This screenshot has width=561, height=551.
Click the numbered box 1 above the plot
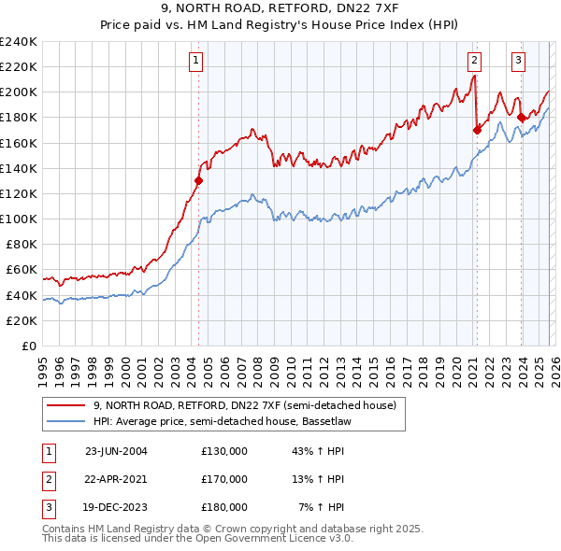click(x=196, y=61)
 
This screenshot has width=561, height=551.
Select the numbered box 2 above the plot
click(x=474, y=61)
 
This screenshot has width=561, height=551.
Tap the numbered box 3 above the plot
click(x=518, y=61)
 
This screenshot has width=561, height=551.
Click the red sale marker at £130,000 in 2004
click(x=199, y=181)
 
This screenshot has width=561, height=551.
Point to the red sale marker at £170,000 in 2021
click(x=477, y=130)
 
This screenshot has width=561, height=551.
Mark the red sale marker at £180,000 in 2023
click(x=522, y=118)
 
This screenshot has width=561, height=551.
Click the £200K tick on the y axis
click(x=19, y=92)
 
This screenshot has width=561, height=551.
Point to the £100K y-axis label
click(x=19, y=219)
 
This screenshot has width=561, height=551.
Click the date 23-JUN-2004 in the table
click(x=116, y=451)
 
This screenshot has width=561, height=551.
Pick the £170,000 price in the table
click(x=224, y=479)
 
